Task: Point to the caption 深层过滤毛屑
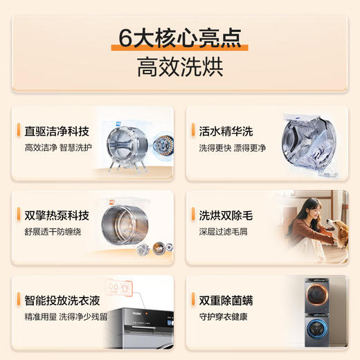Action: click(222, 231)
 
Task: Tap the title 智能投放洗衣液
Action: click(62, 300)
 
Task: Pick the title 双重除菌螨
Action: click(227, 300)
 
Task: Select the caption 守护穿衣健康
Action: click(222, 316)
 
